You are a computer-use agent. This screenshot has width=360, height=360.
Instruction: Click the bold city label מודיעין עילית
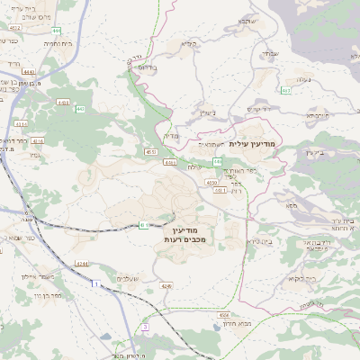[x=256, y=143]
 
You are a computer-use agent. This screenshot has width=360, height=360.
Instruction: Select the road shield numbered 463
[x=285, y=90]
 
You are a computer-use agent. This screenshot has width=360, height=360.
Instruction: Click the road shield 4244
[x=83, y=263]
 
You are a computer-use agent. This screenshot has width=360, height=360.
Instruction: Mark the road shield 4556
[x=223, y=315]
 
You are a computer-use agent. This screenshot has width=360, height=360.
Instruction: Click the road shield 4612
[x=14, y=29]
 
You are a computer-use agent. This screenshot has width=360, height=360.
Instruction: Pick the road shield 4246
[x=166, y=285]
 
